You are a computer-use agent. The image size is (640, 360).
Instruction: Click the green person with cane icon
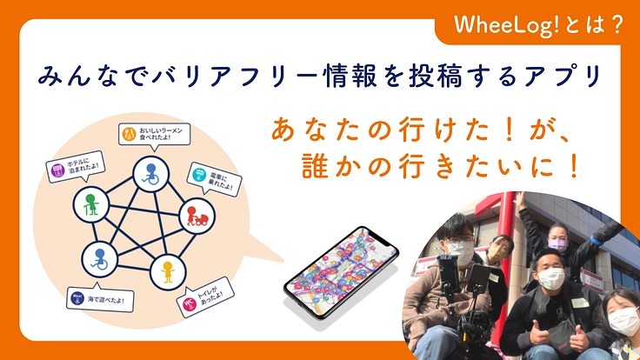click(89, 203)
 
